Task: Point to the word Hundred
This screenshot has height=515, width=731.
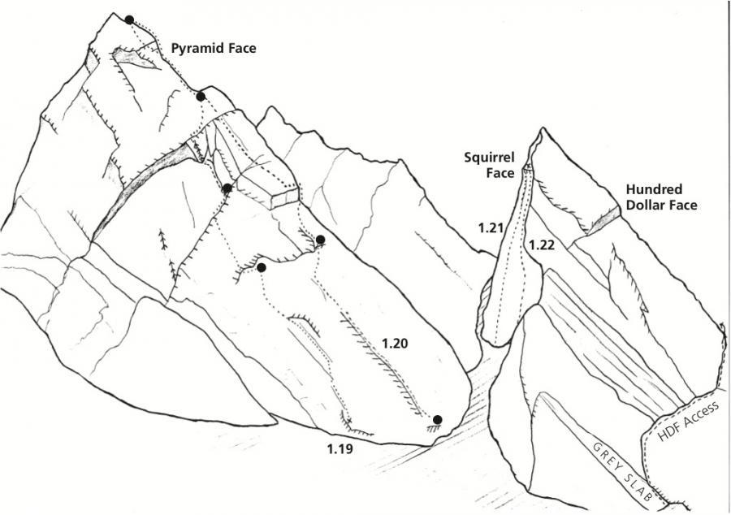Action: pos(651,190)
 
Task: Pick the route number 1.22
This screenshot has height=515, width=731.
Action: pos(542,244)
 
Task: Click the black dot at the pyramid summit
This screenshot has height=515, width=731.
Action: pos(129,19)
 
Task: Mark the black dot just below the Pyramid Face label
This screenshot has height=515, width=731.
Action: pos(201,97)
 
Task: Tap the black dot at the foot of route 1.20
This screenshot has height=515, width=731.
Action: pos(437,420)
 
